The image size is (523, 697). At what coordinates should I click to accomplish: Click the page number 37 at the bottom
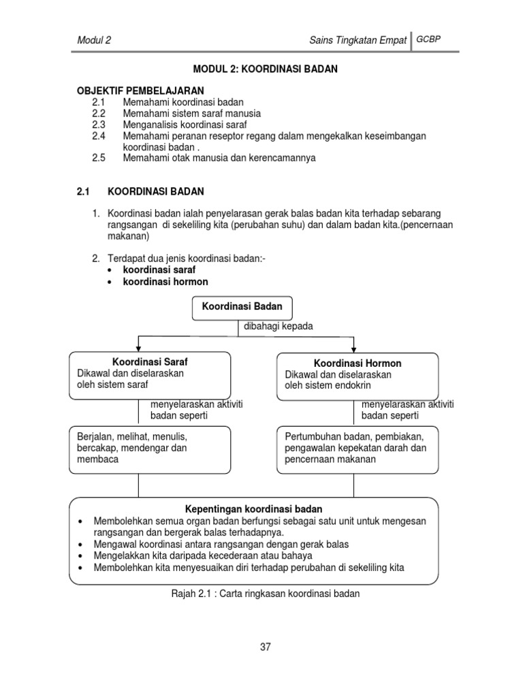pyautogui.click(x=265, y=647)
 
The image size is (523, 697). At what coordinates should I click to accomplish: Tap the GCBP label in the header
pyautogui.click(x=429, y=39)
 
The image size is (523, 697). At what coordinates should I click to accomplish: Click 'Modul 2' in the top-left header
pyautogui.click(x=94, y=40)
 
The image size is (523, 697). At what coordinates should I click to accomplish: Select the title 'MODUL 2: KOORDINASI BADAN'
pyautogui.click(x=266, y=69)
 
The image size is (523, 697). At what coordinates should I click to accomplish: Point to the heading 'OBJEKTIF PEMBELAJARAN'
pyautogui.click(x=140, y=91)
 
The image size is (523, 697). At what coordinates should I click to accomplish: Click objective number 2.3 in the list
pyautogui.click(x=99, y=125)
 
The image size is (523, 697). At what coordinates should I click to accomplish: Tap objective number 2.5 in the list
pyautogui.click(x=99, y=158)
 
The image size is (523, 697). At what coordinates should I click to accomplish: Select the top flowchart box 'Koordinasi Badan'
pyautogui.click(x=242, y=307)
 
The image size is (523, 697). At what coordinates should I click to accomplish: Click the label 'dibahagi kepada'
pyautogui.click(x=279, y=326)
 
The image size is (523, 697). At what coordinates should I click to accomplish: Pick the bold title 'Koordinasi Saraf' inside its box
pyautogui.click(x=150, y=361)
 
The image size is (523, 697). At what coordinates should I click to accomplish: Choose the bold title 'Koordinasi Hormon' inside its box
pyautogui.click(x=358, y=363)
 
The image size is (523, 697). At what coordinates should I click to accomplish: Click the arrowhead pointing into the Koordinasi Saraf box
pyautogui.click(x=139, y=348)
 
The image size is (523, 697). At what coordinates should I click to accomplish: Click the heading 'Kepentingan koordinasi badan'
pyautogui.click(x=254, y=509)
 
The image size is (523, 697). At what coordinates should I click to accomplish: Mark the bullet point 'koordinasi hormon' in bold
pyautogui.click(x=165, y=282)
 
